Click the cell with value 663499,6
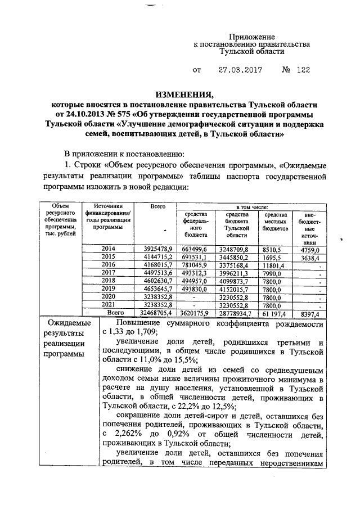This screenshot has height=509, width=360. point(195,248)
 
